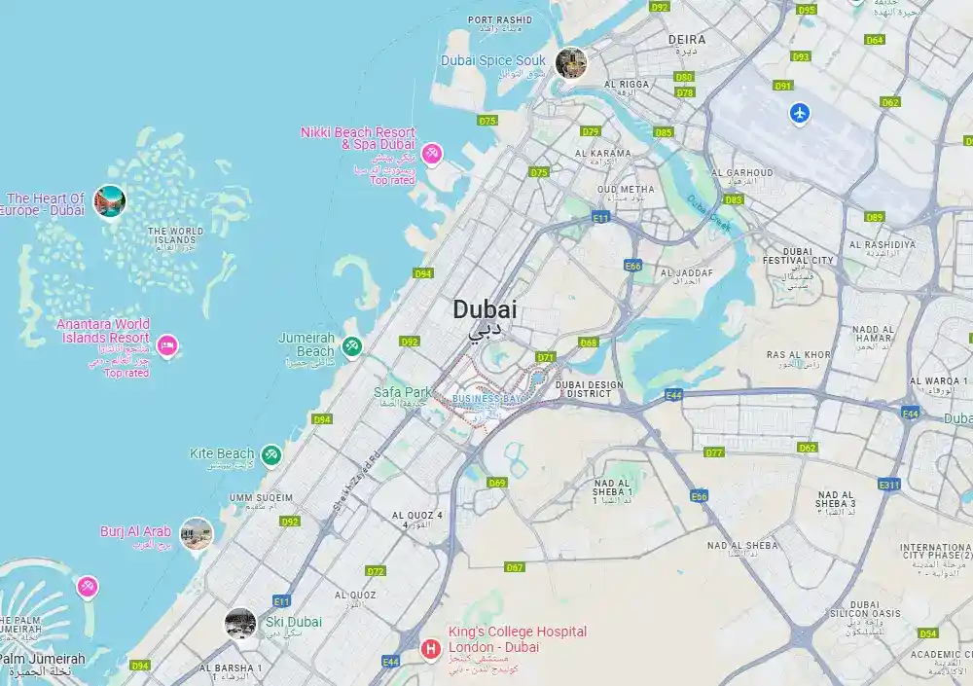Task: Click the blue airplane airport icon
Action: (800, 113)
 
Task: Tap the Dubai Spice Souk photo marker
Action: (571, 63)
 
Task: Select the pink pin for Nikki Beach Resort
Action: (432, 153)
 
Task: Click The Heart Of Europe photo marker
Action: (110, 201)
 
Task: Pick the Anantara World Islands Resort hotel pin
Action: (167, 344)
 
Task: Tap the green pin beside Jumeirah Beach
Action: (352, 345)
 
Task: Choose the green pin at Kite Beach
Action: (271, 454)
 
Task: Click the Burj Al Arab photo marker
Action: (197, 533)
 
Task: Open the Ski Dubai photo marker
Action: (240, 623)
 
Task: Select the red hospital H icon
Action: (429, 648)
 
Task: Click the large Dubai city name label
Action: (485, 310)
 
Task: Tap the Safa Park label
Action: (402, 392)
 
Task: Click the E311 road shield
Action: (888, 484)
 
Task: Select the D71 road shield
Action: (545, 357)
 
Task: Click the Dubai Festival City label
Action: (798, 255)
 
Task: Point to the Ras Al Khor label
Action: (798, 355)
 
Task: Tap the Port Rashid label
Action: (500, 19)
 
